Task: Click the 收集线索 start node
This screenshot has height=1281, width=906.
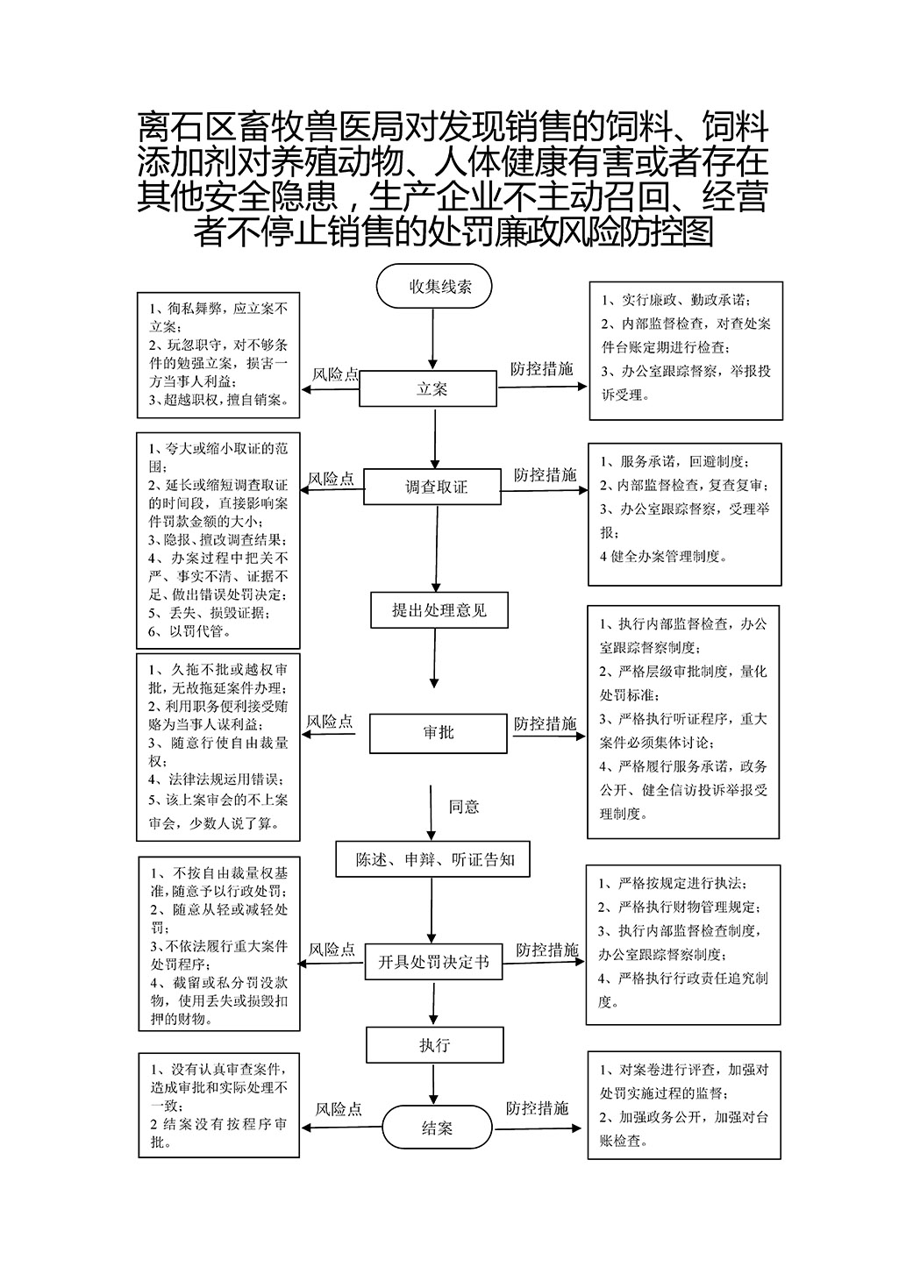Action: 433,286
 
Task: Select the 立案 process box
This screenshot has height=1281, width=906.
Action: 428,389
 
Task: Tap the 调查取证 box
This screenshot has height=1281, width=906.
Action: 432,487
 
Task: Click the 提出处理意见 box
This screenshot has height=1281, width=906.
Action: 439,609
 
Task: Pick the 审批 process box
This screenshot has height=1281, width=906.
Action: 439,733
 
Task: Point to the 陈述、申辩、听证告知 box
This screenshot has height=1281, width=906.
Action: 432,859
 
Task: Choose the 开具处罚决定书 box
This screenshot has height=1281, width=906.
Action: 433,961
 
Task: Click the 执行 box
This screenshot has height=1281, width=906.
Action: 435,1045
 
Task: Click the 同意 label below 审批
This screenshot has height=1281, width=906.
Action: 463,807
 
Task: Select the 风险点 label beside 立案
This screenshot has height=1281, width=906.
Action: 335,374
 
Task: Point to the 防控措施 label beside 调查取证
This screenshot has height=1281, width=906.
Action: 545,474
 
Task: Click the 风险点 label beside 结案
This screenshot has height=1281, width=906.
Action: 339,1109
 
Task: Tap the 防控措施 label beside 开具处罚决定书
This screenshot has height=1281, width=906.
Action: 547,950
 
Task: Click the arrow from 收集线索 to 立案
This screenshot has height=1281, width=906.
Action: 432,338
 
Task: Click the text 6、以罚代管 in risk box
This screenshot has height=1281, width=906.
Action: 190,631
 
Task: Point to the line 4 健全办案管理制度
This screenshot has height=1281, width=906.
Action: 663,556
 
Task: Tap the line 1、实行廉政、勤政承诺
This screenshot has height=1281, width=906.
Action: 676,300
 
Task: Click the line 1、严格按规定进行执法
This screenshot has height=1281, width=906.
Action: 673,883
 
